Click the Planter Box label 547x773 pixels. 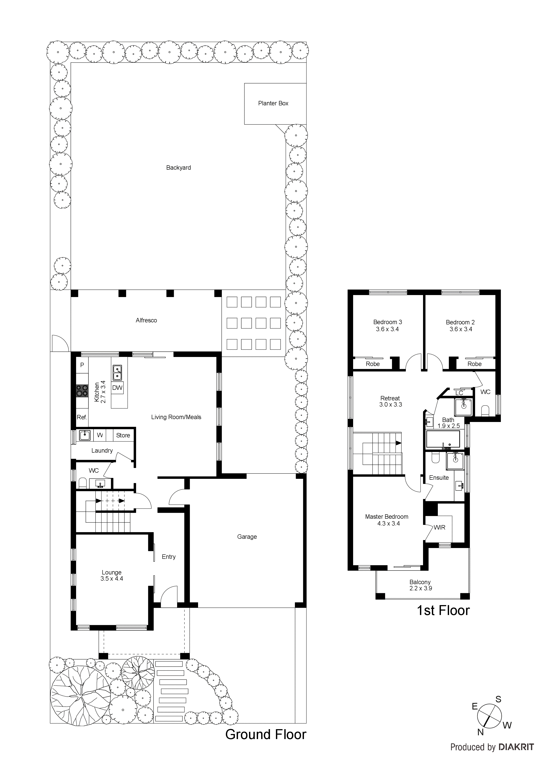click(273, 103)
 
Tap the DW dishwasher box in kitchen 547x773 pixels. click(117, 388)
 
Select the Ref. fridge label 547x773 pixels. click(82, 417)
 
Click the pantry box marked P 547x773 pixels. click(82, 365)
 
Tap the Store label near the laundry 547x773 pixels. click(123, 435)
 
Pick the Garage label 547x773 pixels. click(247, 537)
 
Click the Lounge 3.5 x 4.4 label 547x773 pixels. click(112, 575)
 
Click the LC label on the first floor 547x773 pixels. click(459, 393)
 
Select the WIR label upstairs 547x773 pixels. click(440, 528)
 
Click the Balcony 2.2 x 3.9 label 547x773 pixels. click(420, 585)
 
